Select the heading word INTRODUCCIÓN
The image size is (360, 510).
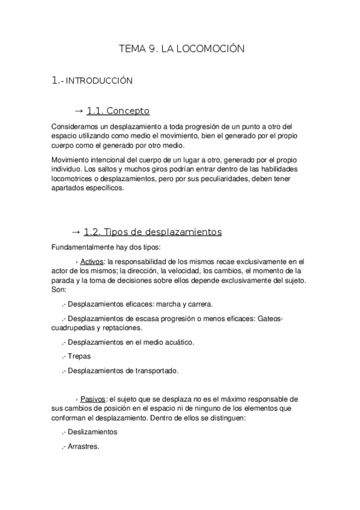[99, 80]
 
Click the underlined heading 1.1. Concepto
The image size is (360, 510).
[118, 111]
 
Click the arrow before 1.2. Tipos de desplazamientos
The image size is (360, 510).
[76, 232]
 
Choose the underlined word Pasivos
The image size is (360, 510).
[93, 399]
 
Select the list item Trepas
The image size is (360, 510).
[79, 356]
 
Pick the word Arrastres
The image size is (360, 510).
[84, 446]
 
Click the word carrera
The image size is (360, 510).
[199, 304]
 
